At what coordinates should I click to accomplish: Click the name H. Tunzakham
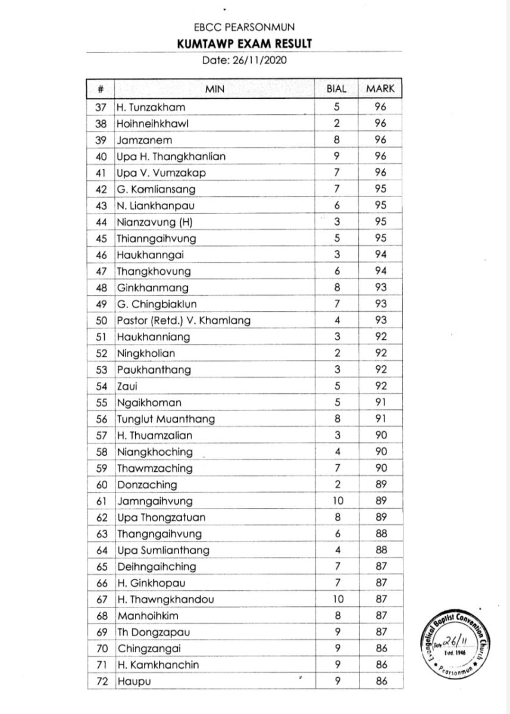coord(151,108)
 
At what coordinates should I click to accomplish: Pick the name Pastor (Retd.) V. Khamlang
coord(184,321)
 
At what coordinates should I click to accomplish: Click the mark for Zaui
coord(380,386)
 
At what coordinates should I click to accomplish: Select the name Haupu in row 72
coord(130,682)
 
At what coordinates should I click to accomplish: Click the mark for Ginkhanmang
coord(380,288)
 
